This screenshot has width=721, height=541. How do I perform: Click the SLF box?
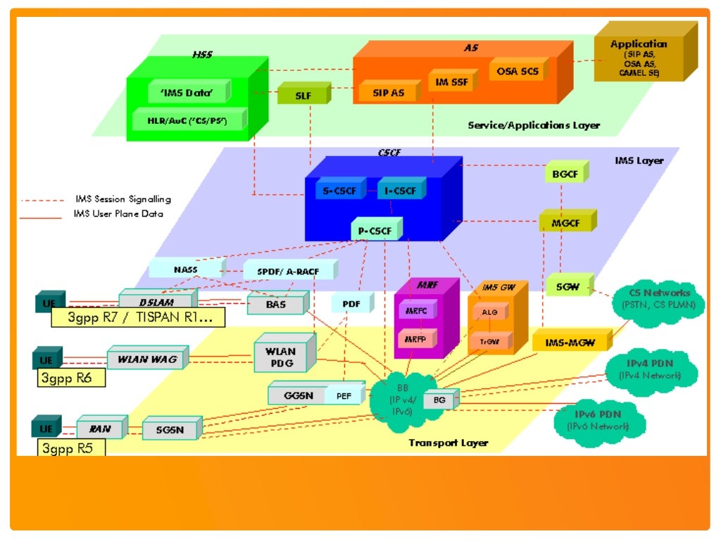(x=303, y=94)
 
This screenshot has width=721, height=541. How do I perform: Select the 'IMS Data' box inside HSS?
(x=189, y=91)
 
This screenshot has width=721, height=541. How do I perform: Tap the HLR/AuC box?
(x=187, y=120)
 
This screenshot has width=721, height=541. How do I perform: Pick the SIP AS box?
(x=388, y=92)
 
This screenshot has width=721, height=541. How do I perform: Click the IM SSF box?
(x=451, y=82)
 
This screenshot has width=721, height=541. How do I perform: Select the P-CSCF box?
(x=375, y=230)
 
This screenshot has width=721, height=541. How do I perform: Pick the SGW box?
(x=568, y=286)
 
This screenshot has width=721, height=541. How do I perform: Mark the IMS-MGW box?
(x=569, y=343)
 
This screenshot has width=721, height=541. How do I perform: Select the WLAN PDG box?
(x=282, y=357)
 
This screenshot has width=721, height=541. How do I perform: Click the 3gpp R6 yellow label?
(x=70, y=378)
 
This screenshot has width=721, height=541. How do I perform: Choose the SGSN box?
(x=169, y=428)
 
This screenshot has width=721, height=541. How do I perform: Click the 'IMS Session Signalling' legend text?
(x=122, y=199)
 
